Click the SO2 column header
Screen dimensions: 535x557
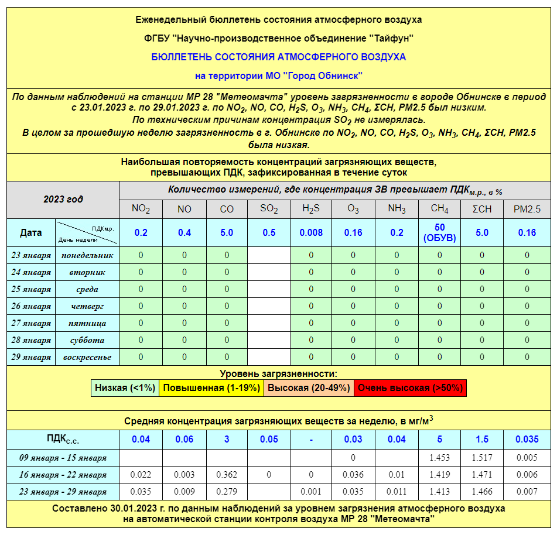(269, 209)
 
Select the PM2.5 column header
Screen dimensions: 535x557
(527, 209)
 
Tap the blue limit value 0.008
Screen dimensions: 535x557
(311, 232)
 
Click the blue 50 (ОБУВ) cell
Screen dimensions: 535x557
(439, 232)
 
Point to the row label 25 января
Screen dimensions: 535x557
(32, 289)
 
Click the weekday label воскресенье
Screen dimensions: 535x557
(87, 357)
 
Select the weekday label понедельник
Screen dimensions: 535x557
(87, 255)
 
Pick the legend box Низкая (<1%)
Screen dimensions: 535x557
(125, 387)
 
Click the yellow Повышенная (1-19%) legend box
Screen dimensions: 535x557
(211, 387)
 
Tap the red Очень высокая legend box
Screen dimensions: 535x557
(410, 387)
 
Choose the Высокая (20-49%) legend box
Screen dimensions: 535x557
(309, 387)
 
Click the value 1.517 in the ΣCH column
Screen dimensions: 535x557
(482, 458)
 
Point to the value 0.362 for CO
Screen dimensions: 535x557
(227, 475)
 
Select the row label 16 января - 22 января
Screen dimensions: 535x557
(63, 475)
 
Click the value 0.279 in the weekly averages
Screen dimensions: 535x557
(227, 492)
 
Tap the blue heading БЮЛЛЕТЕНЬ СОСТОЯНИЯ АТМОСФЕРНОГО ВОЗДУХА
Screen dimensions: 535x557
(278, 57)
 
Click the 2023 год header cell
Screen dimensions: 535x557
(63, 199)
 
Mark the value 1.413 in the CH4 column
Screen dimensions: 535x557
(439, 492)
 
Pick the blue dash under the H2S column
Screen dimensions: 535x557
(311, 439)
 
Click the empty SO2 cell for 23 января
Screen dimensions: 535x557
(269, 255)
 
